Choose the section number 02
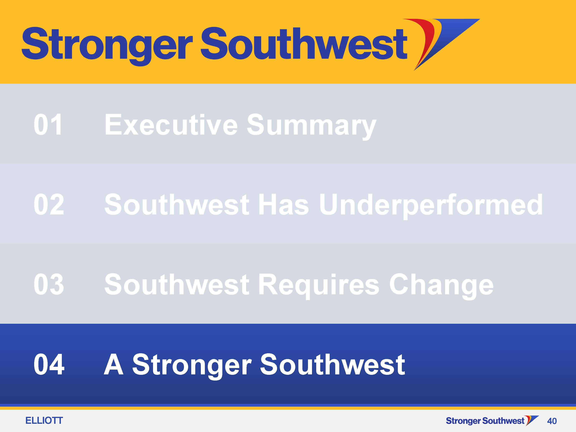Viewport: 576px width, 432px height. (49, 204)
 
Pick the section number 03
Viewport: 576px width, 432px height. (49, 284)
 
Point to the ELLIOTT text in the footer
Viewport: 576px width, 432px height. (44, 420)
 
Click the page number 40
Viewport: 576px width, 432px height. (552, 421)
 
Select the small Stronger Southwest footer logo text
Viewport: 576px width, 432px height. (485, 421)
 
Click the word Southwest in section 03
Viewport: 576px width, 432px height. (177, 284)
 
